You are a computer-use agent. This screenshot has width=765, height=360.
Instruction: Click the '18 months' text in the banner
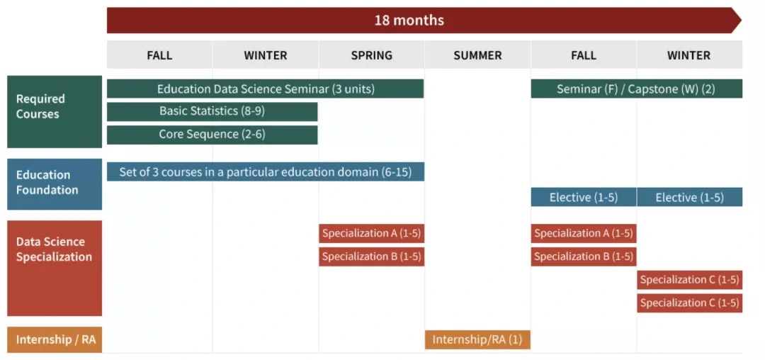pyautogui.click(x=409, y=21)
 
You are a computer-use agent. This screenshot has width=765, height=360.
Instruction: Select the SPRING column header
pyautogui.click(x=372, y=55)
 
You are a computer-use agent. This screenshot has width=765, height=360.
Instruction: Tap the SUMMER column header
pyautogui.click(x=477, y=55)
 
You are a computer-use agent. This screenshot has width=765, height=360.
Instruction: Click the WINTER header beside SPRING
pyautogui.click(x=266, y=55)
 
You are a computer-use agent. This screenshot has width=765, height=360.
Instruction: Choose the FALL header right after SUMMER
pyautogui.click(x=584, y=55)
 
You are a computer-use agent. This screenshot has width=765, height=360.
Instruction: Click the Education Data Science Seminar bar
pyautogui.click(x=266, y=89)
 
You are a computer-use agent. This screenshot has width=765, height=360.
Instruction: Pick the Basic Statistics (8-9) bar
pyautogui.click(x=212, y=112)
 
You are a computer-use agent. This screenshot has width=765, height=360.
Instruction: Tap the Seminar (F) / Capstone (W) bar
pyautogui.click(x=637, y=89)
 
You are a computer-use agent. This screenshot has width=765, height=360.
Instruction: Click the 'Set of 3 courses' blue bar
pyautogui.click(x=266, y=171)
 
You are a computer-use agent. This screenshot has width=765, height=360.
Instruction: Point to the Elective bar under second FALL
pyautogui.click(x=584, y=197)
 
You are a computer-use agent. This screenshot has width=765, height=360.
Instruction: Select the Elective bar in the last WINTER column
pyautogui.click(x=690, y=197)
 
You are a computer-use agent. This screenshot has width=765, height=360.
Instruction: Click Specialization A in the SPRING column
pyautogui.click(x=372, y=233)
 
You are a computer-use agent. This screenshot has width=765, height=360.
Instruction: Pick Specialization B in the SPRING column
pyautogui.click(x=372, y=257)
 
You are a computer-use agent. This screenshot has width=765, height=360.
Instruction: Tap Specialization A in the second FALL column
pyautogui.click(x=584, y=233)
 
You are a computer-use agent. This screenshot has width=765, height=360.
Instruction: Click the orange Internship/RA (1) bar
pyautogui.click(x=477, y=339)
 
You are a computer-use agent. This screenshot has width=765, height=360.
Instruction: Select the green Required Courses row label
pyautogui.click(x=55, y=112)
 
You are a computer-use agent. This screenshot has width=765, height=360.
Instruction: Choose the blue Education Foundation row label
pyautogui.click(x=55, y=184)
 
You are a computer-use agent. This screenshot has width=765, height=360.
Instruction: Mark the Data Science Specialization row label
pyautogui.click(x=55, y=269)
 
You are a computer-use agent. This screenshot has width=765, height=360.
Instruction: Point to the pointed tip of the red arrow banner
pyautogui.click(x=741, y=21)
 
